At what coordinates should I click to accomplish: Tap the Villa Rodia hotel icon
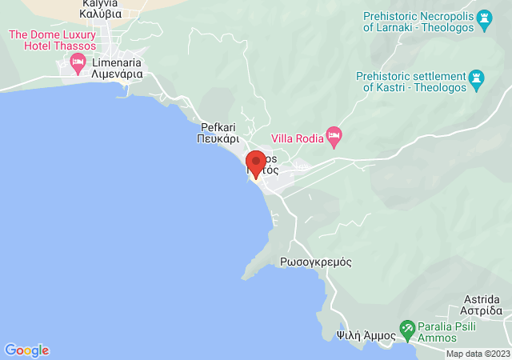(x=334, y=134)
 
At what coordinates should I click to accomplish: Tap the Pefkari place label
(x=218, y=126)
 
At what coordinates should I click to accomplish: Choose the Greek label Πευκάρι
(x=218, y=138)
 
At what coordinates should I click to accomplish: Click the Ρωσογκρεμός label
(x=316, y=262)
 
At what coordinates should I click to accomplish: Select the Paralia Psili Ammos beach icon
(x=406, y=328)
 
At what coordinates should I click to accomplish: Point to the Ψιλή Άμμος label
(x=366, y=335)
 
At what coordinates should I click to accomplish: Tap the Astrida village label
(x=482, y=298)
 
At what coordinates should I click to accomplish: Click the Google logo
(x=26, y=350)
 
